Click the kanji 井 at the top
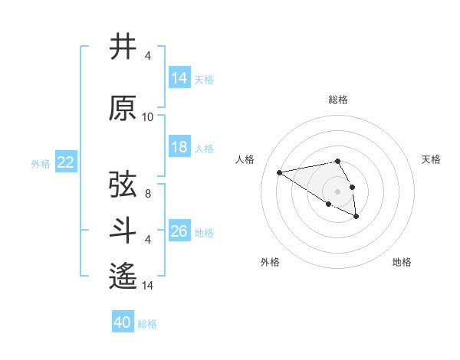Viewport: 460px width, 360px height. point(123,47)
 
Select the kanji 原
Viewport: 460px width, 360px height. point(123,109)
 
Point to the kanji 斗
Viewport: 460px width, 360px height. point(123,231)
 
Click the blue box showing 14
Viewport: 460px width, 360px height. point(179,78)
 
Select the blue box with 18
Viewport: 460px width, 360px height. point(179,147)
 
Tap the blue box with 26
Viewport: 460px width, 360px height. point(179,231)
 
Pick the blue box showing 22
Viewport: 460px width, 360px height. point(66,162)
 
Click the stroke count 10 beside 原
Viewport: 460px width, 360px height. point(148,117)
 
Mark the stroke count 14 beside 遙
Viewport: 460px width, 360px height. point(148,286)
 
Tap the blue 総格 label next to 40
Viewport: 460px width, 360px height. point(147,324)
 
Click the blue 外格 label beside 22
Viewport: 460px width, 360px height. point(41,163)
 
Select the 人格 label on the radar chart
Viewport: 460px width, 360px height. point(246,159)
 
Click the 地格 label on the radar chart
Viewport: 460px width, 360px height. point(402,262)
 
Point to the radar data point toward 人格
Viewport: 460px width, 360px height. point(280,172)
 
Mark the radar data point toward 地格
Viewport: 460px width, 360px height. point(356,217)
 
